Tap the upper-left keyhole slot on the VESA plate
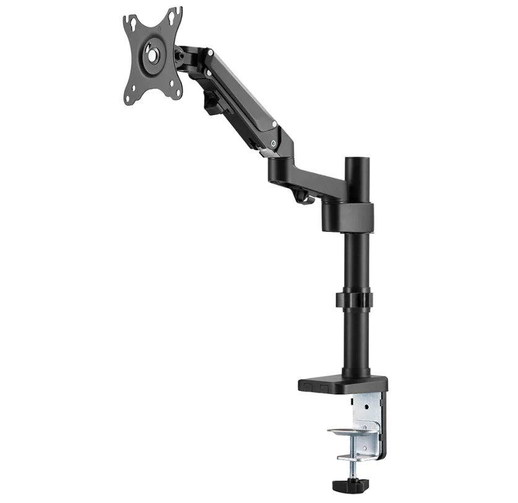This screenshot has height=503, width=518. click(x=131, y=23)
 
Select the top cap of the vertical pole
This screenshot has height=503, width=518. click(x=356, y=160)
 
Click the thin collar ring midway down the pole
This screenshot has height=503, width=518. click(x=356, y=299)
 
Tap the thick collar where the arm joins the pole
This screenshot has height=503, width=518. click(x=348, y=216)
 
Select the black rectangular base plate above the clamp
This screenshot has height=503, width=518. click(x=334, y=385)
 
